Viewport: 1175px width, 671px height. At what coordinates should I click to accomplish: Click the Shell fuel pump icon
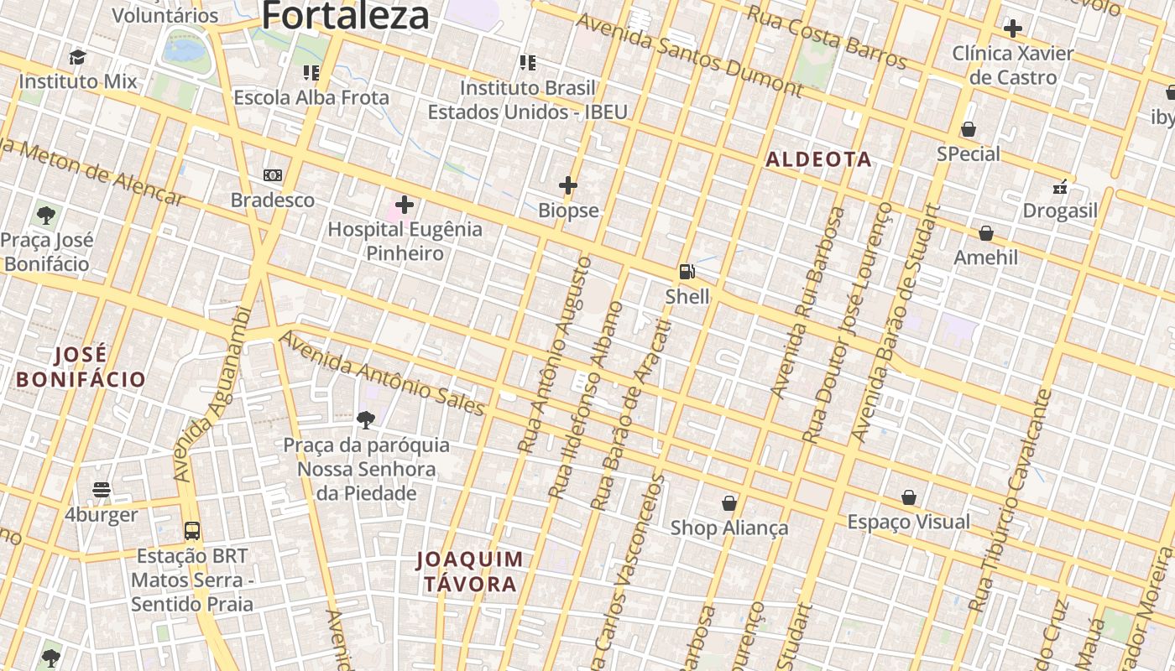coord(687,271)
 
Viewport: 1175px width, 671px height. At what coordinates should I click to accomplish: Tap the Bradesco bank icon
coord(273,175)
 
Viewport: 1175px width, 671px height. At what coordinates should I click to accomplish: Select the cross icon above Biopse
coord(568,185)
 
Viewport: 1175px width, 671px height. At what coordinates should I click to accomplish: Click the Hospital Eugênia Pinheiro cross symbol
coord(405,204)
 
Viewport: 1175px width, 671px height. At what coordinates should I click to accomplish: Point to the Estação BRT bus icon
coord(192,531)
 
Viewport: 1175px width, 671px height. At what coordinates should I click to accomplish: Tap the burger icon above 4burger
coord(102,490)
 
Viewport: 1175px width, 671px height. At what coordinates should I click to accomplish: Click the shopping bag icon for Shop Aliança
coord(729,503)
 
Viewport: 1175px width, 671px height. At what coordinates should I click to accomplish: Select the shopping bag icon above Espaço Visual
coord(909,498)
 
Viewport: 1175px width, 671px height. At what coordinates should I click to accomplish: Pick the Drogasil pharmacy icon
coord(1061,186)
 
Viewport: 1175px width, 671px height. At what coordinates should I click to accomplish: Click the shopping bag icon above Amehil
coord(986,233)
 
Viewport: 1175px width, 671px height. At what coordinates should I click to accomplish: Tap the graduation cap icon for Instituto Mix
coord(78,57)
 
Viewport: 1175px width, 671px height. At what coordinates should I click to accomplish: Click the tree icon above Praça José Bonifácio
coord(46,216)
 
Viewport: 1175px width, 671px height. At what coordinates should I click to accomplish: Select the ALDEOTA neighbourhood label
coord(818,159)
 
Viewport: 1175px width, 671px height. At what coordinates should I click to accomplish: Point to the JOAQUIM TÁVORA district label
coord(470,571)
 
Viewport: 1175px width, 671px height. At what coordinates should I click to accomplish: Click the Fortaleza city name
coord(346,15)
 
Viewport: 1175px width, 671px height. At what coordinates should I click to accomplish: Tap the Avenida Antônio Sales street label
coord(382,373)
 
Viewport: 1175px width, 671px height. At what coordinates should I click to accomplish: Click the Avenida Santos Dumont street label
coord(689,54)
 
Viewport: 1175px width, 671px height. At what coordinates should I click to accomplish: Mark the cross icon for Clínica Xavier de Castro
coord(1013,29)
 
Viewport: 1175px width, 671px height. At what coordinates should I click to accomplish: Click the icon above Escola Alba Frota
coord(311,73)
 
